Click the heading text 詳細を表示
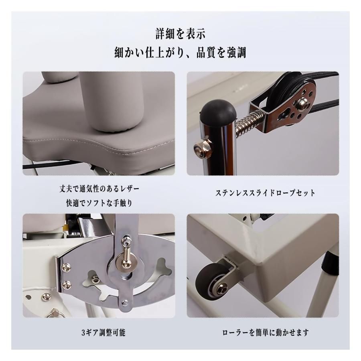[x=180, y=34]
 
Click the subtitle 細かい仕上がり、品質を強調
[x=180, y=52]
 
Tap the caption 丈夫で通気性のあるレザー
[x=99, y=189]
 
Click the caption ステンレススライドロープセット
[x=265, y=193]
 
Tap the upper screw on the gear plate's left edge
[x=65, y=265]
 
